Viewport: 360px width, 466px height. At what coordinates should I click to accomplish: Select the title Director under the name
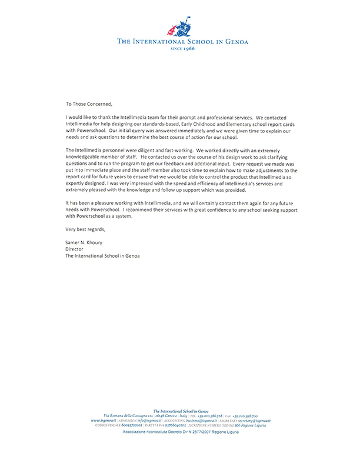(x=76, y=249)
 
